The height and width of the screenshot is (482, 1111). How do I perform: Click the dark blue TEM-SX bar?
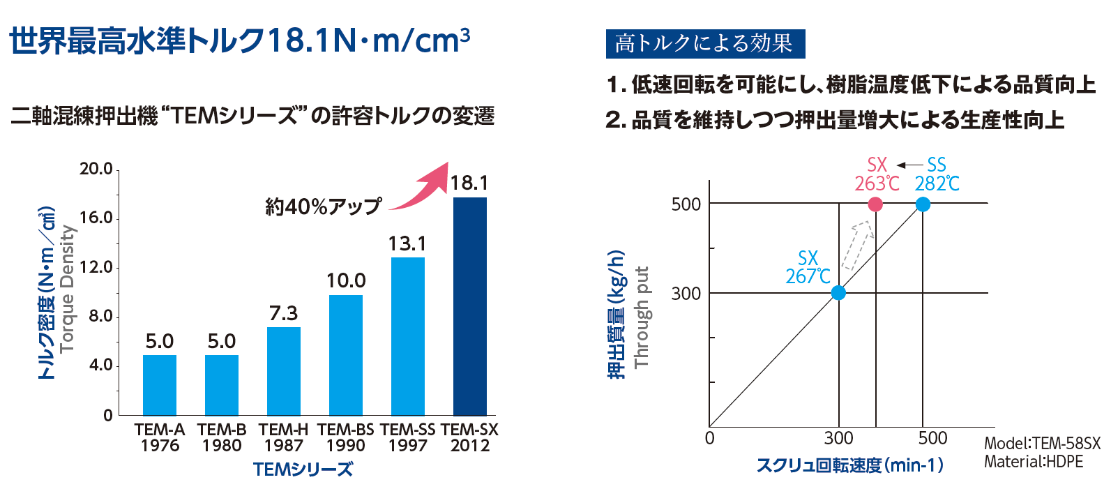[x=469, y=306]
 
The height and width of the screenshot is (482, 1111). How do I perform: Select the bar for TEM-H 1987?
[x=283, y=371]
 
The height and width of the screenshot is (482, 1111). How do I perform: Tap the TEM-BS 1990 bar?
[x=345, y=355]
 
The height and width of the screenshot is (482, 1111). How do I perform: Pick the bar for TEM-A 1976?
[x=159, y=385]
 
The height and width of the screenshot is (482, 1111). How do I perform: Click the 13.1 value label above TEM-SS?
[x=407, y=244]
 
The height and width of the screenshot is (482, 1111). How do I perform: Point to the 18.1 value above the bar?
[x=469, y=183]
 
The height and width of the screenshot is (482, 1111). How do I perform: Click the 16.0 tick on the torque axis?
[x=96, y=218]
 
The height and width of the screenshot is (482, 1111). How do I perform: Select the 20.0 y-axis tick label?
[x=96, y=169]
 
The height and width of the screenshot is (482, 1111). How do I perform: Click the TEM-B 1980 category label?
[x=222, y=437]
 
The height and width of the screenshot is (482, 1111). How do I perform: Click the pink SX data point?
[x=875, y=204]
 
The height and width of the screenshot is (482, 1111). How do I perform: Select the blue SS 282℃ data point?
[x=923, y=204]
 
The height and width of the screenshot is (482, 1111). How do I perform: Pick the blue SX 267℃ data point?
[x=838, y=293]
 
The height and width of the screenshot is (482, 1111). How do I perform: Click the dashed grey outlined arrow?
[x=857, y=245]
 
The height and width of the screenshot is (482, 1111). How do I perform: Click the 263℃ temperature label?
[x=877, y=183]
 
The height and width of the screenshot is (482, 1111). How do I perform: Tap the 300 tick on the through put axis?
[x=686, y=294]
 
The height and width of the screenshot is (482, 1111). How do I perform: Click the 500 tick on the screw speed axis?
[x=932, y=438]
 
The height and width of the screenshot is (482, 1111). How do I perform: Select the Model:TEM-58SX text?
[x=1042, y=444]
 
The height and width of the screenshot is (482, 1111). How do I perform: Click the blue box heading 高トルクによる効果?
[x=705, y=44]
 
